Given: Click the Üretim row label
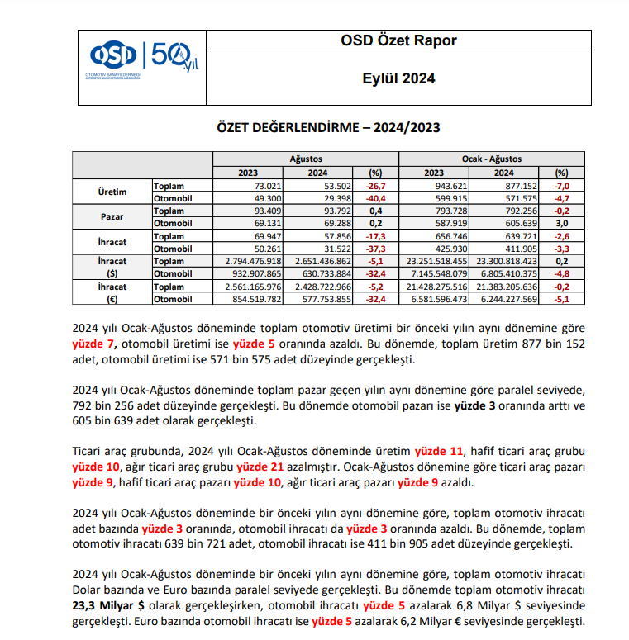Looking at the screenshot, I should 112,192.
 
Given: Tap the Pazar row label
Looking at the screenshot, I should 112,217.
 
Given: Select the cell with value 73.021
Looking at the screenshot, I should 247,187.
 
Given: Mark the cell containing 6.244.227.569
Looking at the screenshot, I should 505,299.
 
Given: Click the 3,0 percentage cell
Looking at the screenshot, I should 561,224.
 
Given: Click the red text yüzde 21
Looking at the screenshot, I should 258,467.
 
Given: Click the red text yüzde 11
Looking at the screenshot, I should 437,451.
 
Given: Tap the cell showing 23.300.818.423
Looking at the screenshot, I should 504,261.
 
